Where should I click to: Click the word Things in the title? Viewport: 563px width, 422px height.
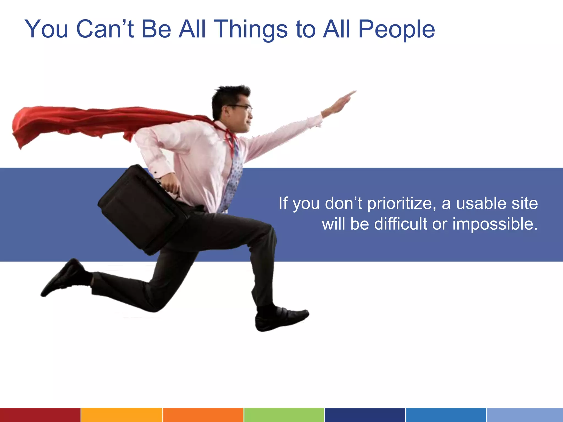click(x=250, y=29)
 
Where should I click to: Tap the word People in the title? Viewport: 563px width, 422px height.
click(x=396, y=29)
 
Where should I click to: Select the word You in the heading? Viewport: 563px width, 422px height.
click(x=46, y=29)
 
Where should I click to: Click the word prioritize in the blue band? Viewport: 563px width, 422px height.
click(x=401, y=204)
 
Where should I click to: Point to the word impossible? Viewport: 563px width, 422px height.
click(x=495, y=224)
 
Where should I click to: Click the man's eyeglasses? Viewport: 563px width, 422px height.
click(x=242, y=107)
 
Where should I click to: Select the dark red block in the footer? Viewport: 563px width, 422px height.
click(x=40, y=415)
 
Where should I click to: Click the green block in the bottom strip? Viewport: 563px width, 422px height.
click(x=284, y=415)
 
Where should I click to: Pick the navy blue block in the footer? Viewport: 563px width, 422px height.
click(x=365, y=415)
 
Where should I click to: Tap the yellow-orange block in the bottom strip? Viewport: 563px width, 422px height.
click(x=122, y=415)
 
